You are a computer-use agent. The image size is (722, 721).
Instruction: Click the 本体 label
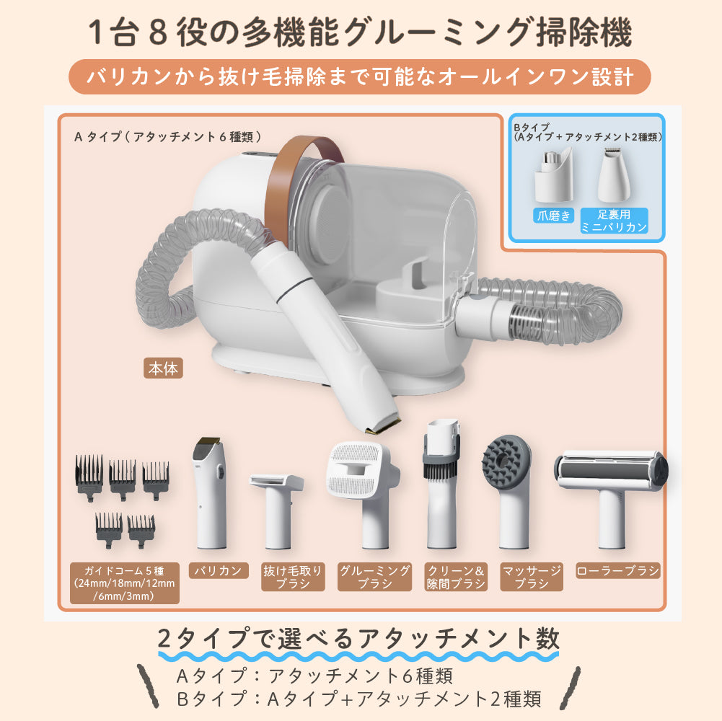(163, 368)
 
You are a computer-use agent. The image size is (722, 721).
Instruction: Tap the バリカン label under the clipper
(219, 571)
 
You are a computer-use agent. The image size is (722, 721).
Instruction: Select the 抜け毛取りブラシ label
(293, 577)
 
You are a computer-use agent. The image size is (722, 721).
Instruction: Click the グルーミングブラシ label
(374, 577)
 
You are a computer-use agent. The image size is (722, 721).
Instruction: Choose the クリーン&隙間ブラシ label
(456, 577)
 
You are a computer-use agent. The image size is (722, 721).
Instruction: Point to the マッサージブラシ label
(532, 577)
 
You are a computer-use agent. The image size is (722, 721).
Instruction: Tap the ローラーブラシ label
(618, 571)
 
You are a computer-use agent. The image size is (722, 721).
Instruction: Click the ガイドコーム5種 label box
(124, 583)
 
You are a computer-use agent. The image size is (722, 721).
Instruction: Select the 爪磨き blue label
(553, 216)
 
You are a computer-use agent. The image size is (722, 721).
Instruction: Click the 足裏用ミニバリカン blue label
(615, 221)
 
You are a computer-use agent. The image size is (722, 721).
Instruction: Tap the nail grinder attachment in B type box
(553, 176)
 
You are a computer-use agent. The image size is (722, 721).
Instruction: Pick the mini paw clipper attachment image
(614, 175)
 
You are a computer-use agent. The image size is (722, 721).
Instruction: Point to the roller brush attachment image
(612, 497)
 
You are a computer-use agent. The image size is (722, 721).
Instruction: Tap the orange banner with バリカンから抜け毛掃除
(360, 77)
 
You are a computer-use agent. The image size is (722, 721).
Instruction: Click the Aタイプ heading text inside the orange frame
(168, 137)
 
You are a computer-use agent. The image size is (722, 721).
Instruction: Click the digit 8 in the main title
(158, 32)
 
